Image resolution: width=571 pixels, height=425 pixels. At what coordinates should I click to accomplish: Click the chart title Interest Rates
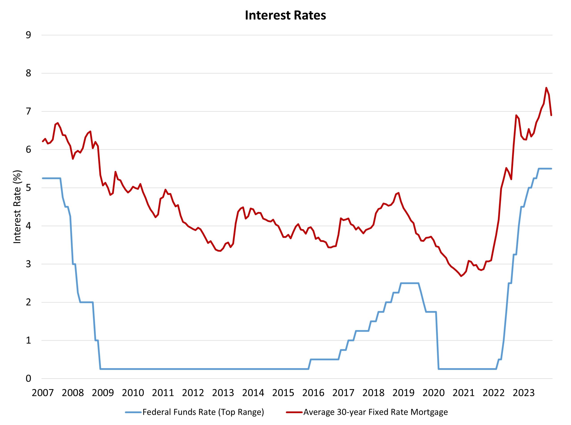pos(285,15)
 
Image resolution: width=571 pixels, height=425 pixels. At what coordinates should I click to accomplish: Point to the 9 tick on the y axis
pos(28,35)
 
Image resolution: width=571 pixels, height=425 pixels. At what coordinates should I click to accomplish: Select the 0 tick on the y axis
pos(28,379)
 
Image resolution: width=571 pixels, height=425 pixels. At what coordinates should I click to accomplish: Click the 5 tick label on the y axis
pos(28,188)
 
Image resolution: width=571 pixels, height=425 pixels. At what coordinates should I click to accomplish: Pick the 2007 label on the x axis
pos(43,393)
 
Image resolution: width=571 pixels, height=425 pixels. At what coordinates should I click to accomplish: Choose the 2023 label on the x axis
pos(523,393)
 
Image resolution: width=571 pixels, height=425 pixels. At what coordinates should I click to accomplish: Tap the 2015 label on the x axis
pos(283,393)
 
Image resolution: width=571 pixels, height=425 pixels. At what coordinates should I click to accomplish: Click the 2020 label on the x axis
pos(433,393)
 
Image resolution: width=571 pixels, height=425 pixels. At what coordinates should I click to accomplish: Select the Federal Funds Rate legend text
pos(203,412)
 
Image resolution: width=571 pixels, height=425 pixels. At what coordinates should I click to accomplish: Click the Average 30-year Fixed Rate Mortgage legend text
pos(375,412)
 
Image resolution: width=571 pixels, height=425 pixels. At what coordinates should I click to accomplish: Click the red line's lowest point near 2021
pos(461,276)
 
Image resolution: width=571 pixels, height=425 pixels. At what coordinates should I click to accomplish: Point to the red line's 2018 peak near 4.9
pos(399,193)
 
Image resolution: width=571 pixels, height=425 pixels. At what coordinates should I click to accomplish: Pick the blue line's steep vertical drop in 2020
pos(437,342)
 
